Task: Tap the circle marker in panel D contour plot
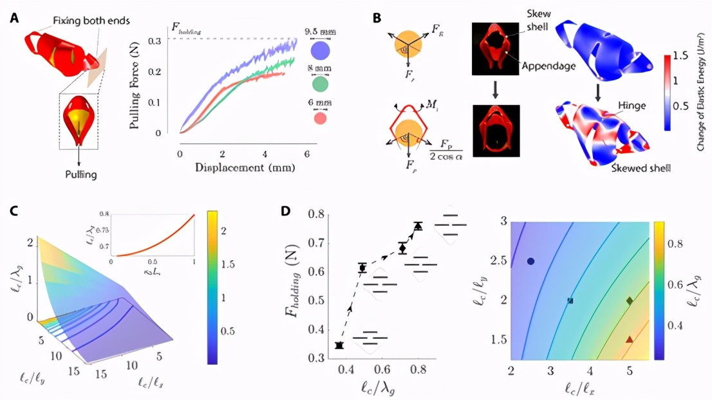[530, 261]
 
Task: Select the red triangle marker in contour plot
[630, 338]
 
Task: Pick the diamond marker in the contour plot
[630, 300]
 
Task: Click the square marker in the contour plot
[570, 300]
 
